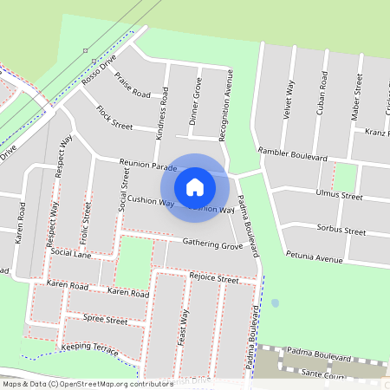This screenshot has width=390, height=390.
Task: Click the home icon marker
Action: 195,186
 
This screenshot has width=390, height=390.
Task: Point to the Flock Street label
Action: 114,118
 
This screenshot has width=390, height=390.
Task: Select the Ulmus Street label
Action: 340,195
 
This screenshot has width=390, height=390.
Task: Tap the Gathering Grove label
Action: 212,246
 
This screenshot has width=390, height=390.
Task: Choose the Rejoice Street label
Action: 213,279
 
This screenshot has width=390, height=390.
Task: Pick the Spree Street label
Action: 105,321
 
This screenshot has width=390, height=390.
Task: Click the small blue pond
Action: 275,303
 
